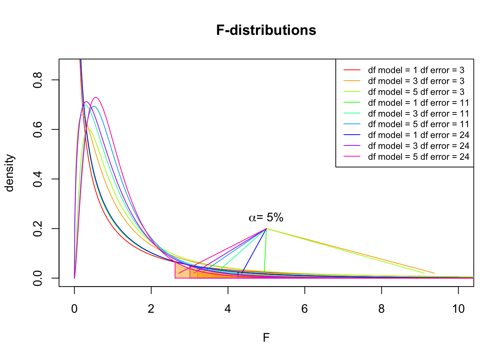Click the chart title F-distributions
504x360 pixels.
tap(266, 30)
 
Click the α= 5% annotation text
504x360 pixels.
tap(266, 217)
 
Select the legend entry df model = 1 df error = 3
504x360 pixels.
tap(416, 70)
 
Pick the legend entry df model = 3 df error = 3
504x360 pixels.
tap(416, 81)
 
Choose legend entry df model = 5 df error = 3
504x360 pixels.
tap(416, 92)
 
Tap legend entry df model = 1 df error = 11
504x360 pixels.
tap(418, 103)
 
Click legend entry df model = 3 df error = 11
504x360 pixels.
tap(418, 114)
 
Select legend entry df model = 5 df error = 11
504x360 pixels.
tap(418, 124)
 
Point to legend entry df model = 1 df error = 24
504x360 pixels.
tap(418, 135)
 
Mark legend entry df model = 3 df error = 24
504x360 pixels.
tap(418, 146)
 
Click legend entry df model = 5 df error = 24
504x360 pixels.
tap(418, 157)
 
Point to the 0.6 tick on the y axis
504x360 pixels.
tap(38, 129)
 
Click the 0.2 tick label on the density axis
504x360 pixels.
tap(38, 228)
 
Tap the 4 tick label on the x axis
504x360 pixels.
tap(228, 309)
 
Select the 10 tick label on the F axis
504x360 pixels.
tap(458, 309)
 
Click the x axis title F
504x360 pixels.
tap(266, 338)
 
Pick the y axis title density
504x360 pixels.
tap(9, 173)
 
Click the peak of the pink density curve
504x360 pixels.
tap(96, 97)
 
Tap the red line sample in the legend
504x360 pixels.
tap(352, 70)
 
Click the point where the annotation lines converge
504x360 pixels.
tap(266, 228)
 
